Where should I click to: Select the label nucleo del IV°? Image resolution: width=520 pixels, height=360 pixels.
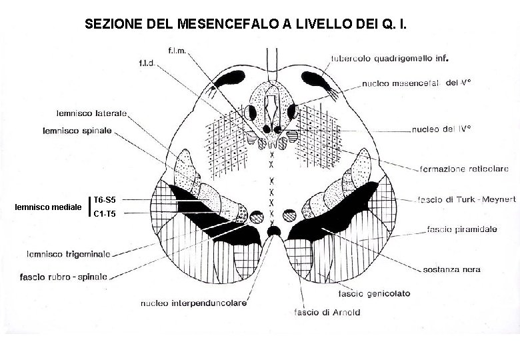click(x=441, y=129)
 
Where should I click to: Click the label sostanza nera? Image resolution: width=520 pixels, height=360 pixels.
click(x=451, y=270)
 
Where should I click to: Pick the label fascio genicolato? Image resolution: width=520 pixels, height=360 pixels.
click(x=374, y=293)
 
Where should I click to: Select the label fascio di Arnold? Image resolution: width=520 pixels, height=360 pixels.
click(x=327, y=311)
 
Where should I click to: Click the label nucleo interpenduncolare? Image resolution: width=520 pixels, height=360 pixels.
click(x=194, y=303)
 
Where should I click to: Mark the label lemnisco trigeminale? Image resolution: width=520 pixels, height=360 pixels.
click(x=69, y=253)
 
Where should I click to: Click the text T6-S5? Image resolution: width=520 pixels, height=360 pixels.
click(x=104, y=200)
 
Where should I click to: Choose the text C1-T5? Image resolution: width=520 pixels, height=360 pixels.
click(x=105, y=214)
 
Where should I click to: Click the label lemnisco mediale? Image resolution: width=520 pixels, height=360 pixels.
click(x=48, y=207)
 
